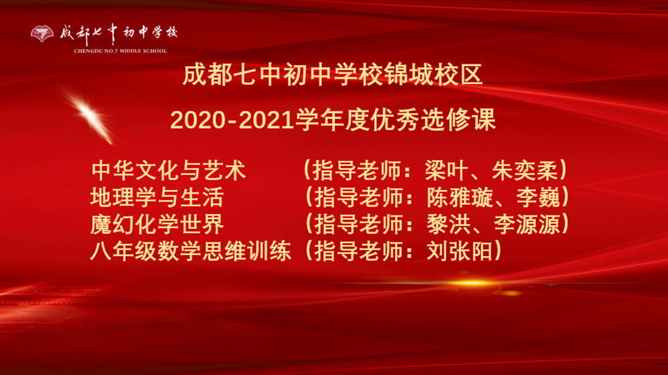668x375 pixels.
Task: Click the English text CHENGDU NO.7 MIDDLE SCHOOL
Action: (x=120, y=51)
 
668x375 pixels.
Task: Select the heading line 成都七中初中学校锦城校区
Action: (x=332, y=76)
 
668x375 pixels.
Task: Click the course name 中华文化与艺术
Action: (x=168, y=170)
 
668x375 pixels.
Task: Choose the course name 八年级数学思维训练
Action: (x=191, y=252)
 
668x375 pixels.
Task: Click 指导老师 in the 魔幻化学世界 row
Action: (x=358, y=225)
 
